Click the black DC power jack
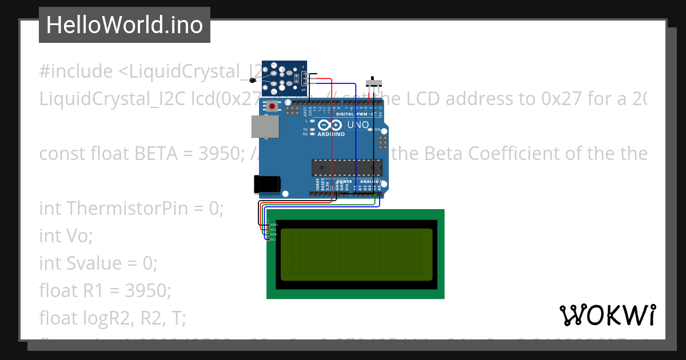(266, 183)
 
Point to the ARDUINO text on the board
(331, 134)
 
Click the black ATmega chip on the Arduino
(346, 167)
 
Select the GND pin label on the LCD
(274, 225)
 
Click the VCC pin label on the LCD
(274, 230)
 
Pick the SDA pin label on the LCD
(274, 234)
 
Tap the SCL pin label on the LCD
(274, 239)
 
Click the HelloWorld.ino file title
(125, 25)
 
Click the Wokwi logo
(607, 315)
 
